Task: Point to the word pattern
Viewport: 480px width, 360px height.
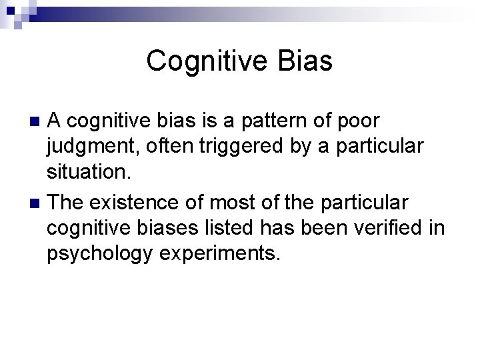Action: click(282, 121)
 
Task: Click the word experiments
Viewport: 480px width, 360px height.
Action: click(226, 255)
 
